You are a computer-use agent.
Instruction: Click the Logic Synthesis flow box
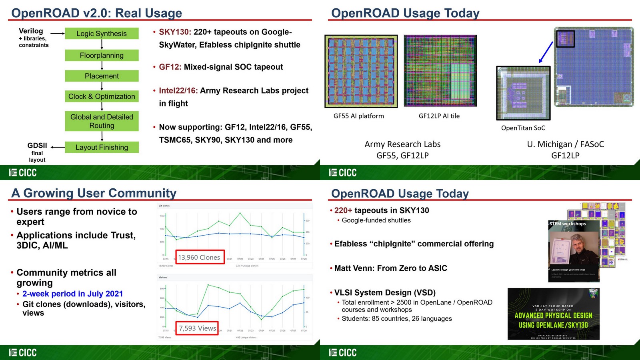click(102, 34)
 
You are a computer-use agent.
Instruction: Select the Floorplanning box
click(102, 55)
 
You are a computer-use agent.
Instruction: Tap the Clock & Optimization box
click(102, 96)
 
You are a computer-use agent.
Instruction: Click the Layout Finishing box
click(102, 147)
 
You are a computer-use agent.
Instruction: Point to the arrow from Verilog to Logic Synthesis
click(58, 34)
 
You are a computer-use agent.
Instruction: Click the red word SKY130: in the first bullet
click(175, 32)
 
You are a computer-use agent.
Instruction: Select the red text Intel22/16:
click(178, 90)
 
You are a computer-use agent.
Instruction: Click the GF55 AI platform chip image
click(361, 71)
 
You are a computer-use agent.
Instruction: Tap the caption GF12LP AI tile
click(439, 116)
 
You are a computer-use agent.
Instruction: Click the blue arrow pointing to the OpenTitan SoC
click(546, 52)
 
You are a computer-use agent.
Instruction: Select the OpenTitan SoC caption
click(523, 128)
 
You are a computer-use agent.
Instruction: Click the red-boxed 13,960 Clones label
click(199, 257)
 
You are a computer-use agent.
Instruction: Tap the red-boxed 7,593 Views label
click(197, 328)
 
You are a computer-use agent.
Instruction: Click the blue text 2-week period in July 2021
click(72, 294)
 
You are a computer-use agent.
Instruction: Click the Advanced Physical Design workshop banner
click(553, 314)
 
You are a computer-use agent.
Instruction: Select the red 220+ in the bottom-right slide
click(343, 210)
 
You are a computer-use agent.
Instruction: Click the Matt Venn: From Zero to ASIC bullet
click(390, 268)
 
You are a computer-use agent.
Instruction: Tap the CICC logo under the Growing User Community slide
click(23, 352)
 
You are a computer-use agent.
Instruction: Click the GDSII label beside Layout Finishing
click(37, 146)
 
